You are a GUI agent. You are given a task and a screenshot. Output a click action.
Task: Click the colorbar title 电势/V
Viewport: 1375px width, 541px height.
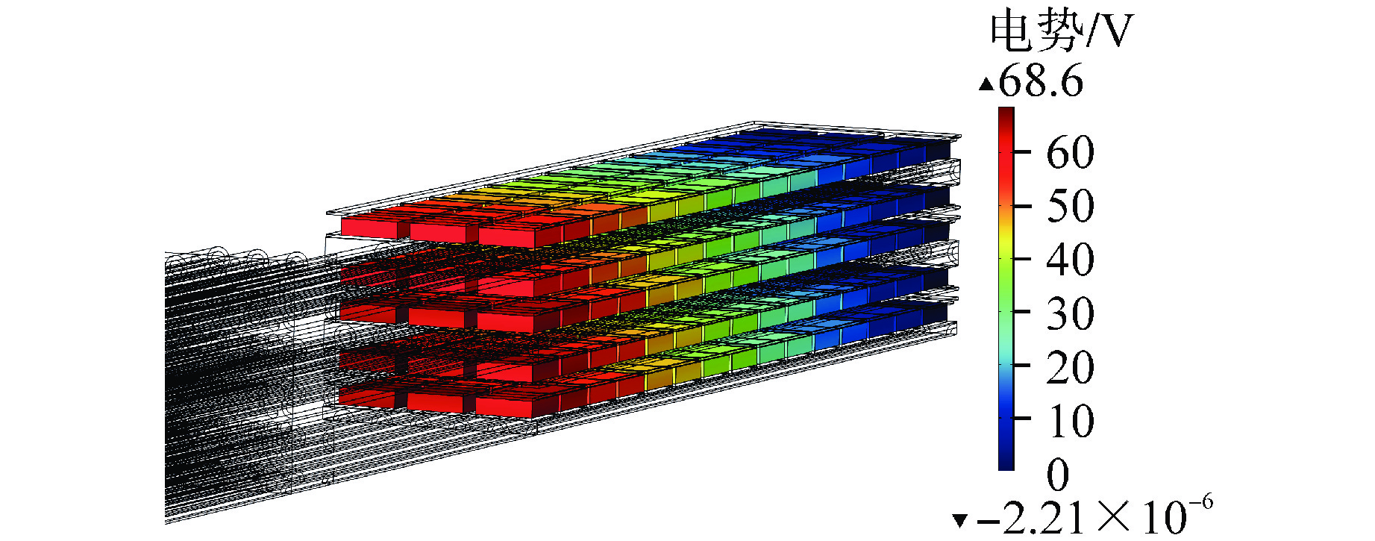coord(1062,32)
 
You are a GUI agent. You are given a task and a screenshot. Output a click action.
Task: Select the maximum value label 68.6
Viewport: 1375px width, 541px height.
coord(1041,81)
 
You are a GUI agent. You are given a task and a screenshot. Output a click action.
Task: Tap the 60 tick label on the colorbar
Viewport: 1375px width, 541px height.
coord(1070,152)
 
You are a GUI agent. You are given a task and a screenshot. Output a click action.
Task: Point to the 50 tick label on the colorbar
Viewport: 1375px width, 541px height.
coord(1070,206)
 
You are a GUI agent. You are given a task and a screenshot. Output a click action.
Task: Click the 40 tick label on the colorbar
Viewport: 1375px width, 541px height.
coord(1070,260)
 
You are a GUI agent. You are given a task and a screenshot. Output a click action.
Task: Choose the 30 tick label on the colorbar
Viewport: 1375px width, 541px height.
coord(1070,313)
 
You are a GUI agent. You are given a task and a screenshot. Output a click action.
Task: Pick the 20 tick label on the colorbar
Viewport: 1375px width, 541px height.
coord(1070,367)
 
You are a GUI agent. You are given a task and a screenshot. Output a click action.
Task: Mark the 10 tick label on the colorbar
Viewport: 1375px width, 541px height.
coord(1070,421)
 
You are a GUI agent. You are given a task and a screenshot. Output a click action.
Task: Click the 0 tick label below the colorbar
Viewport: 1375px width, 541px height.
coord(1058,474)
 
